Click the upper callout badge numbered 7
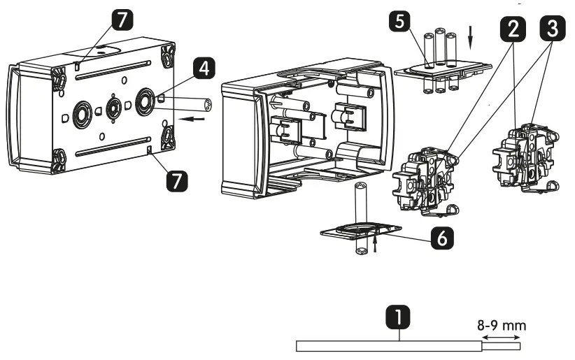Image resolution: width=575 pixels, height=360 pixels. [123, 21]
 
